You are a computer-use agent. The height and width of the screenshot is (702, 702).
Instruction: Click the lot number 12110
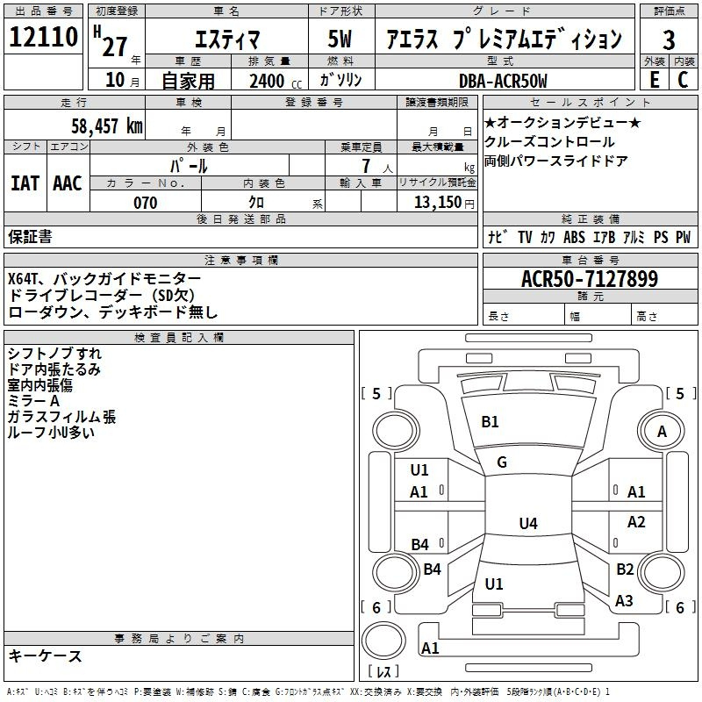pos(43,37)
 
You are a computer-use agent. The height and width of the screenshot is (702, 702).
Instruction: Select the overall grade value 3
pos(669,40)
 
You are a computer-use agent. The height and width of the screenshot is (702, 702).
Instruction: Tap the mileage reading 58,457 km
pos(107,125)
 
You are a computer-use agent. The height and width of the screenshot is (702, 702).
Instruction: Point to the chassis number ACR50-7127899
pos(590,278)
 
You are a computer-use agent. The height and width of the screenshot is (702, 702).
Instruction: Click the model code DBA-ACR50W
pos(503,81)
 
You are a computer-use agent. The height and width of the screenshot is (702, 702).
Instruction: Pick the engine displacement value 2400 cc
pos(276,81)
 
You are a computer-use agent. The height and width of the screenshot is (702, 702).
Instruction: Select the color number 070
pos(146,203)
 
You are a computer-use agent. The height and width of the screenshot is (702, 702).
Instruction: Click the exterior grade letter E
pos(654,80)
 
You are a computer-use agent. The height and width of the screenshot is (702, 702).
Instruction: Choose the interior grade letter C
pos(683,80)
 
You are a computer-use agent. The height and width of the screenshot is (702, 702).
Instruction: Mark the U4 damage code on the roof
pos(528,523)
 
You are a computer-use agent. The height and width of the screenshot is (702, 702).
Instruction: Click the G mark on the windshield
pos(502,462)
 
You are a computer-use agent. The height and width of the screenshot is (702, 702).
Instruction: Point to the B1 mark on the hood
pos(490,422)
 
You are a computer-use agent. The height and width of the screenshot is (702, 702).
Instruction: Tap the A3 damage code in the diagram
pos(624,601)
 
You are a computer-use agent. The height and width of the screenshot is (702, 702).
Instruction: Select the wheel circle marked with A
pos(662,431)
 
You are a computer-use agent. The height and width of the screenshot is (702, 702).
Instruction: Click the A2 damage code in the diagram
pos(636,521)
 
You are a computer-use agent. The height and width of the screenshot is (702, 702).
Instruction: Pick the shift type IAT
pos(25,183)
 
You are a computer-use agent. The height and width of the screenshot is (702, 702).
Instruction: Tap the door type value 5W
pos(340,39)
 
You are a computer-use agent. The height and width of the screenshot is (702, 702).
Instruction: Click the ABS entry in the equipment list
pos(574,237)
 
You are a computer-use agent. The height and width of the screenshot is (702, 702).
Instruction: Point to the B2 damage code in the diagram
pos(625,569)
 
